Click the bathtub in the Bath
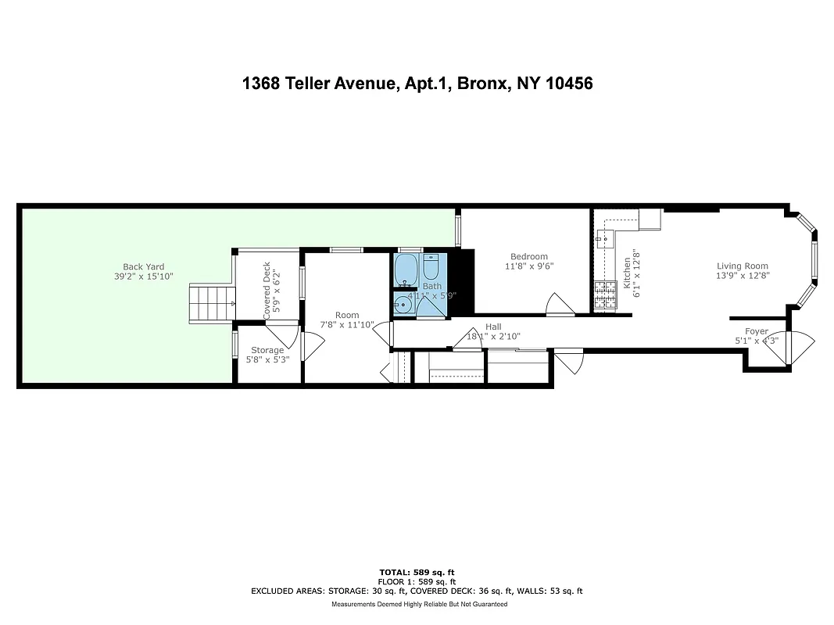click(406, 270)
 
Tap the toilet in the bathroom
click(431, 269)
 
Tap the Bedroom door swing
click(559, 305)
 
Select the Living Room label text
click(742, 266)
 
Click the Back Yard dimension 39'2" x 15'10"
click(143, 277)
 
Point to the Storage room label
click(267, 350)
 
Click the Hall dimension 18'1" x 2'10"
click(493, 337)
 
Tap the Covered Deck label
click(267, 289)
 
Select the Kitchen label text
click(627, 273)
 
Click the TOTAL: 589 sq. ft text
click(416, 573)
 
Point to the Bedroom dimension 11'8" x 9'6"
click(529, 266)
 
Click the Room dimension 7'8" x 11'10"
click(347, 324)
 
